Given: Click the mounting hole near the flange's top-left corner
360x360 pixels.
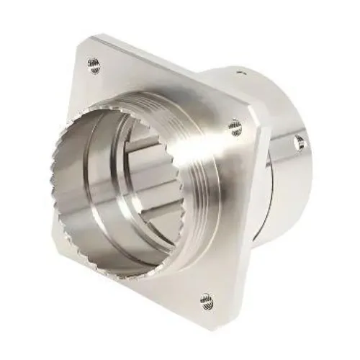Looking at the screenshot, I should click(94, 64).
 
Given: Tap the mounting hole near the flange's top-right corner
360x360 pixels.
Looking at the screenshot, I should click(235, 127).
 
